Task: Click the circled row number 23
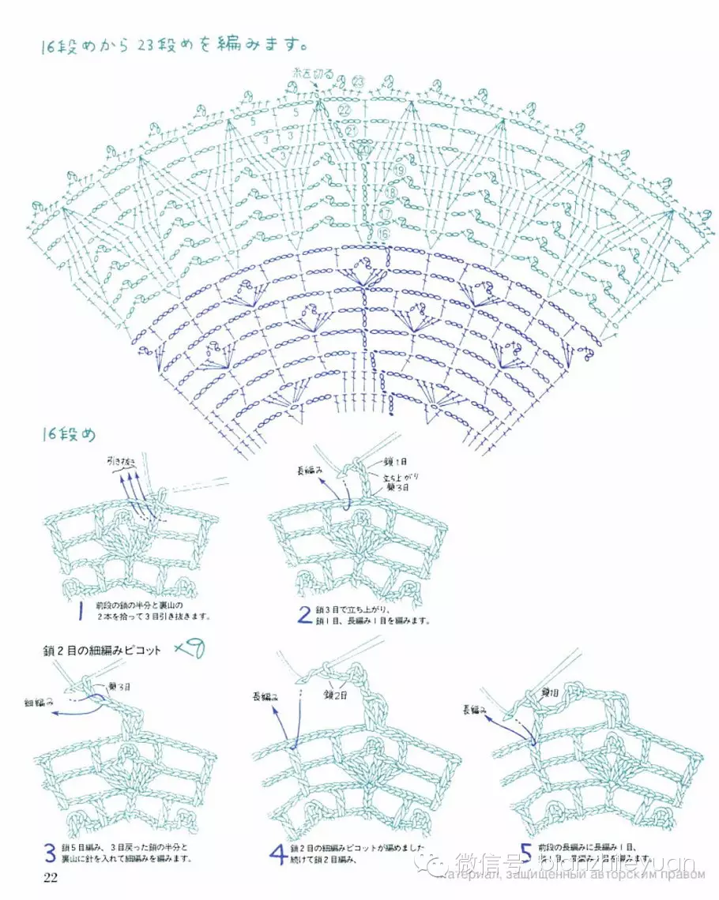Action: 358,82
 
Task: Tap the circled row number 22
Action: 344,111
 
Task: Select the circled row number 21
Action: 352,130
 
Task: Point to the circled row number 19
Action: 399,170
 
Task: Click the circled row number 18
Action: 391,192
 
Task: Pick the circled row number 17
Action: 386,213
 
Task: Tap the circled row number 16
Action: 383,234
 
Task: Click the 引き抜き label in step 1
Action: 122,459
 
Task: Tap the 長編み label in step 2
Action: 310,471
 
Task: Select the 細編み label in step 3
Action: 39,701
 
